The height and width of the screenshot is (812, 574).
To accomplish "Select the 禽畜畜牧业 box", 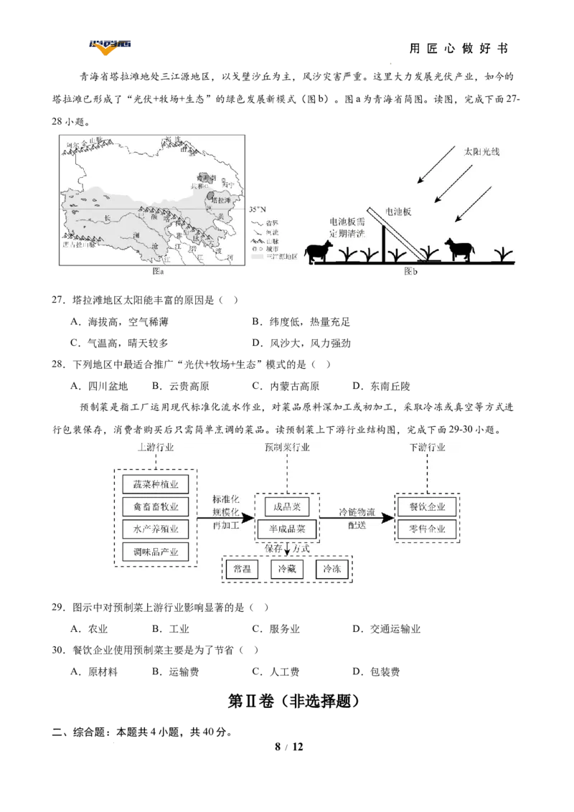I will pos(155,506).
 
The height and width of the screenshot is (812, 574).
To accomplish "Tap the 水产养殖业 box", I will pos(155,529).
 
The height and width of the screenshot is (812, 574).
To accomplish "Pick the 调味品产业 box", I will pos(155,552).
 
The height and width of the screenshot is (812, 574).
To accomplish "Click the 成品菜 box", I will pos(286,506).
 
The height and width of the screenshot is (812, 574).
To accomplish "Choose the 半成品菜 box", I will pos(286,529).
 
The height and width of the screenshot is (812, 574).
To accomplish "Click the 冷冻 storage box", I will pos(332,569).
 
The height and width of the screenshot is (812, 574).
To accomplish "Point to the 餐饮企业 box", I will pos(427,506).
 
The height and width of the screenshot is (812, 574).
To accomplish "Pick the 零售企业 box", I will pos(427,529).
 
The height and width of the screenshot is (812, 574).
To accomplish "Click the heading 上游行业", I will pos(155,448).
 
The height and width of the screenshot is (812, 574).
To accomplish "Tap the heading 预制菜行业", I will pos(287,448).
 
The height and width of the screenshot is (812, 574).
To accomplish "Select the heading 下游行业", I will pos(427,448).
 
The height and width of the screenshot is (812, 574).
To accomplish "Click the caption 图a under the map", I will pos(159,271).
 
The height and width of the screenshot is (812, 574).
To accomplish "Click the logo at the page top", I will pos(109,48).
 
